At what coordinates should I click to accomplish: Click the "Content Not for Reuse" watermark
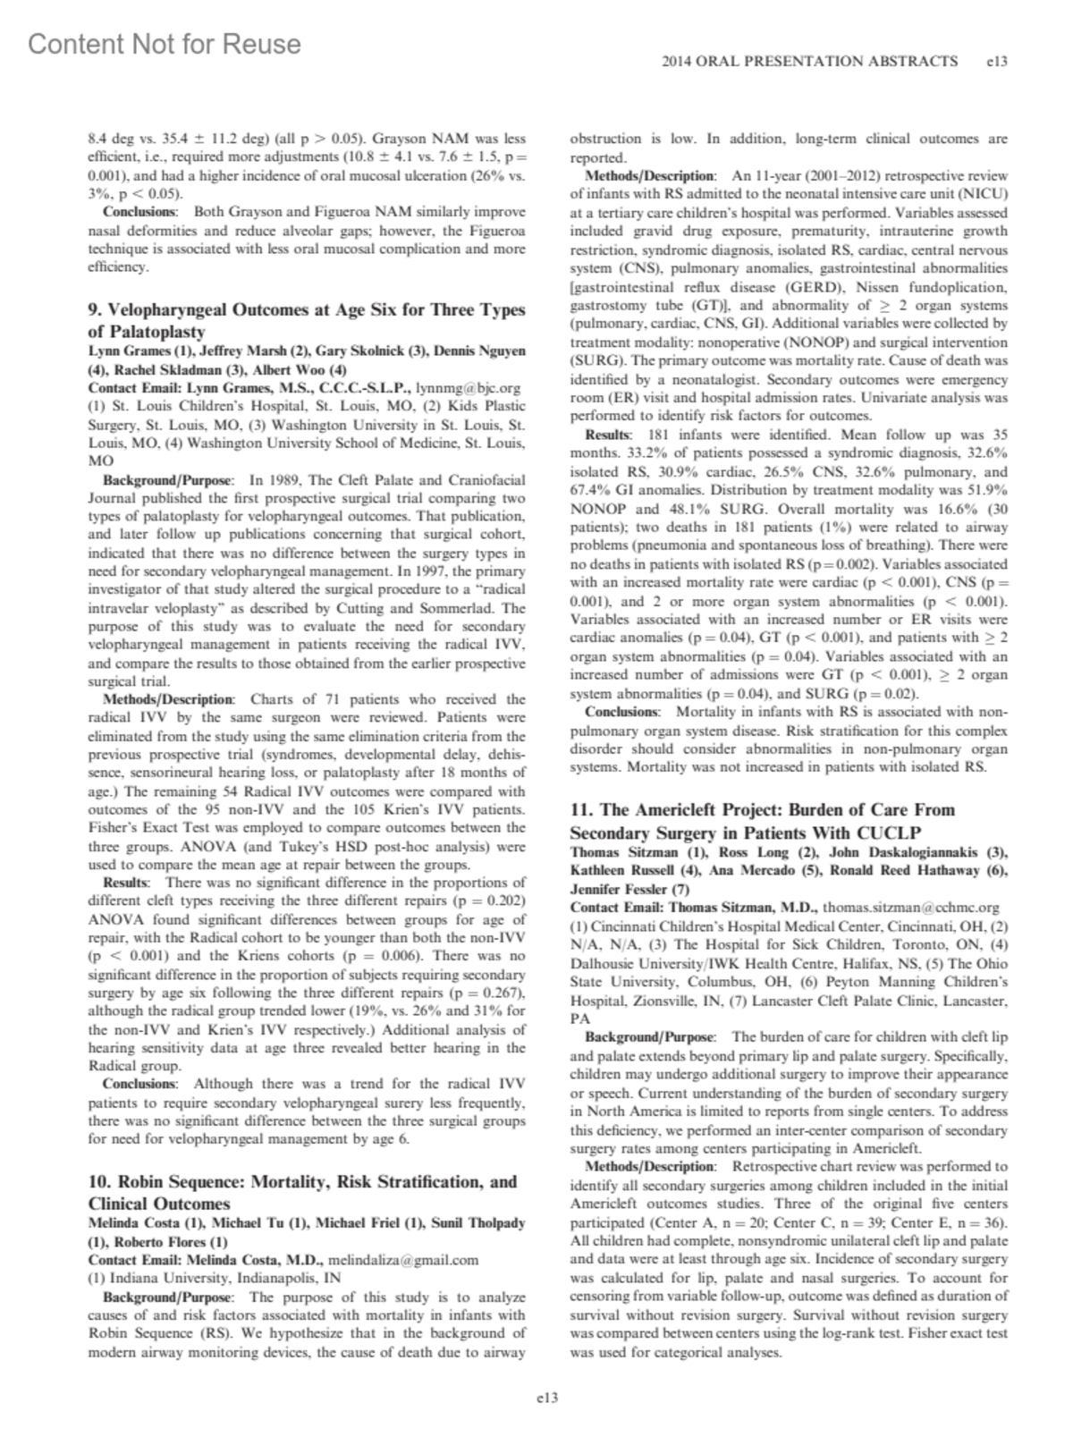tap(165, 44)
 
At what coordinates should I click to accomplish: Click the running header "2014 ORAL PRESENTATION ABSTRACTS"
tap(809, 62)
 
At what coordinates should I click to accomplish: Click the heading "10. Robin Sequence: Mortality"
tap(302, 1192)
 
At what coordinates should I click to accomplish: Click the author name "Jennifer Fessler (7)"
tap(629, 890)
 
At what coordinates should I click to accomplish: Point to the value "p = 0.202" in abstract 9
tap(488, 900)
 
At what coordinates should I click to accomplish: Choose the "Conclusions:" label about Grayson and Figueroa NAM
tap(139, 212)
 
